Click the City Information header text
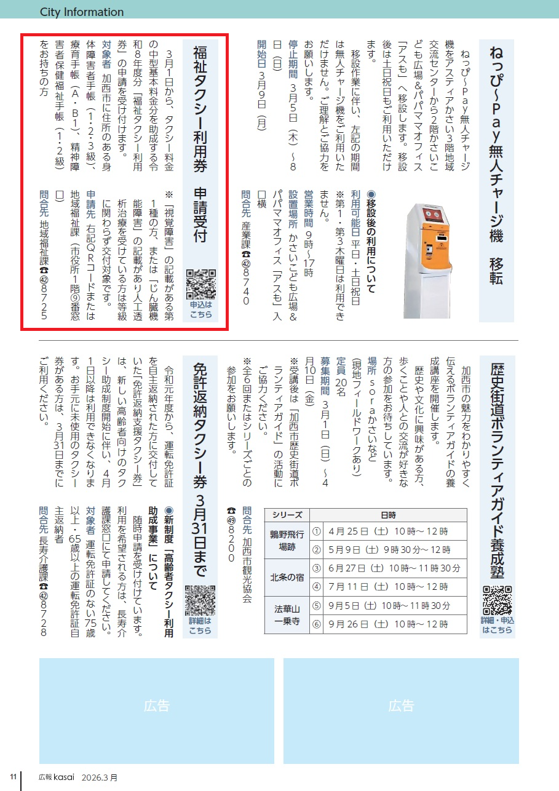[x=82, y=12]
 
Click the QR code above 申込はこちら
[x=201, y=284]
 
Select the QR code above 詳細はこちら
[x=200, y=600]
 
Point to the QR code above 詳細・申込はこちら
[x=498, y=601]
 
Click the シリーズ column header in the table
[x=287, y=515]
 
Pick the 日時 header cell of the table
[x=388, y=515]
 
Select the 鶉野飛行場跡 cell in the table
[x=287, y=540]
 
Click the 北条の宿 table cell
[x=287, y=577]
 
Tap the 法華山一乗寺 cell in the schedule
[x=287, y=615]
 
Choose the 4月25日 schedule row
[x=388, y=531]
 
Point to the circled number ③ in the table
[x=317, y=568]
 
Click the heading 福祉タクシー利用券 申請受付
[x=200, y=144]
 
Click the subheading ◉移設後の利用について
[x=371, y=242]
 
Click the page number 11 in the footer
[x=14, y=777]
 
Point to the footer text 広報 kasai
[x=57, y=777]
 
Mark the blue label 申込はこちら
[x=201, y=309]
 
